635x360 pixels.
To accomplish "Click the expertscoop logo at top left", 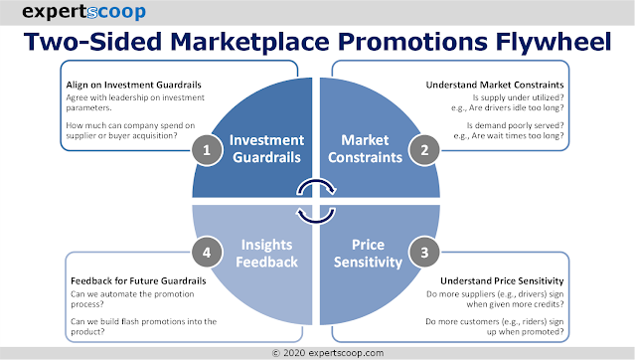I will (76, 13).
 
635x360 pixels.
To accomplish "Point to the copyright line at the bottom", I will (317, 352).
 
